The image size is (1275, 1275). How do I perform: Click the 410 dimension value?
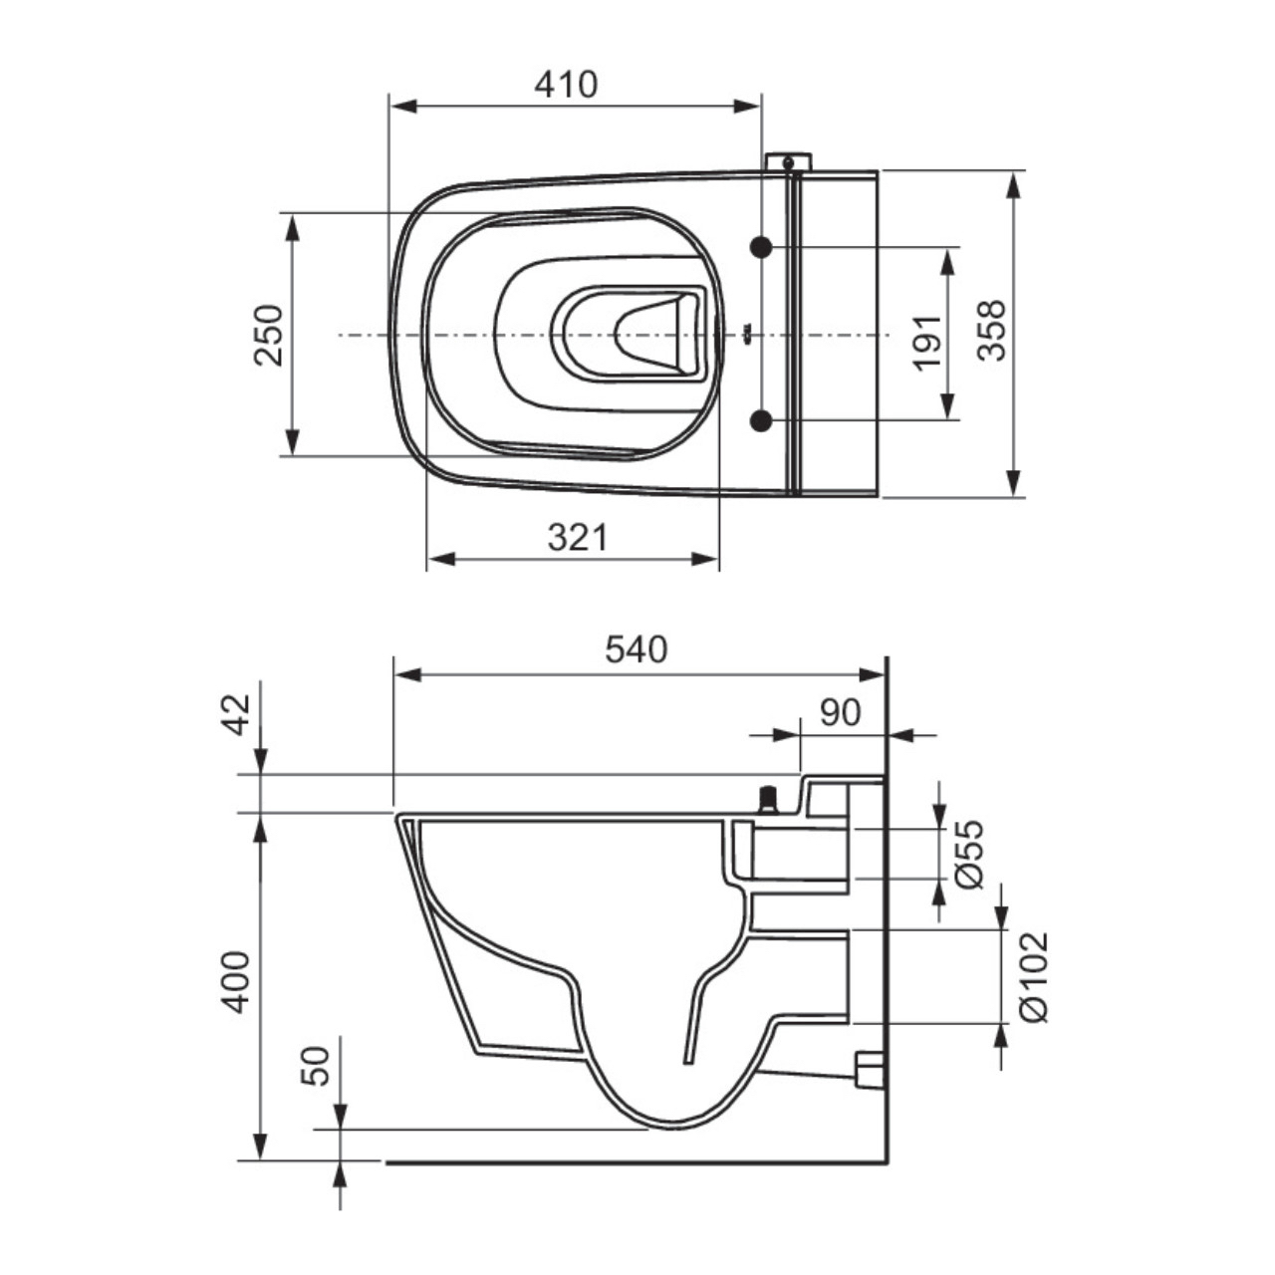566,85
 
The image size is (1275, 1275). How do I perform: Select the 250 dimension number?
269,335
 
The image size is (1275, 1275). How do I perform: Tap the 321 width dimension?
577,538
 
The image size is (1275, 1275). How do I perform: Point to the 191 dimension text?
926,343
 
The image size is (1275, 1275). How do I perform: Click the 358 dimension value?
992,332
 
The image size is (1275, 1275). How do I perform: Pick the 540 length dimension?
637,649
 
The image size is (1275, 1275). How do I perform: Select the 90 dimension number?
840,712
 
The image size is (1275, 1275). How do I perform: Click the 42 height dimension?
237,713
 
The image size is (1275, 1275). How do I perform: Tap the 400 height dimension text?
236,982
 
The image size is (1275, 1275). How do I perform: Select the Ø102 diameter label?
1034,976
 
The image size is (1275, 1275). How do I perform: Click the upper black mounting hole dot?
762,247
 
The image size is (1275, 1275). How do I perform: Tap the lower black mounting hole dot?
762,420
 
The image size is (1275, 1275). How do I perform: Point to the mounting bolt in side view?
768,799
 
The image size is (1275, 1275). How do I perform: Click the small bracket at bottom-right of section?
870,1069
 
